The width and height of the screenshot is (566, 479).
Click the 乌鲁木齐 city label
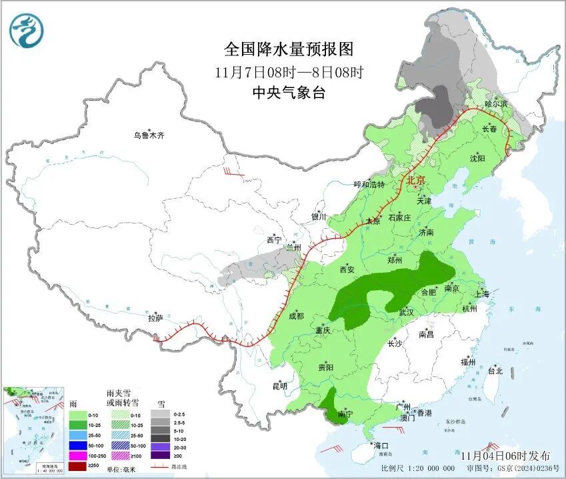(x=148, y=135)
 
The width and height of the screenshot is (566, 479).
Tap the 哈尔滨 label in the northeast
(x=496, y=103)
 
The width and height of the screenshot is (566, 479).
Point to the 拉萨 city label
(x=155, y=319)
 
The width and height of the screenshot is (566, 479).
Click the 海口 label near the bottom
(x=381, y=446)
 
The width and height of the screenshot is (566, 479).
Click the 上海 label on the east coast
(x=482, y=294)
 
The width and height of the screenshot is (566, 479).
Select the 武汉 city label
(x=406, y=312)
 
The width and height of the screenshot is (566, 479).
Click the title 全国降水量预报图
(x=288, y=49)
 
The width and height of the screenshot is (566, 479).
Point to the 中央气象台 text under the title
(x=288, y=93)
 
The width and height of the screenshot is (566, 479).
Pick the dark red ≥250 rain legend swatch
(x=79, y=464)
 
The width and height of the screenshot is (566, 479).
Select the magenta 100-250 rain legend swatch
(x=79, y=454)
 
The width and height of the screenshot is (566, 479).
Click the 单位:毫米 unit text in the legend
(x=123, y=468)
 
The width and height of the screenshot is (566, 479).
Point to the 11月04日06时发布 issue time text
(x=507, y=456)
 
